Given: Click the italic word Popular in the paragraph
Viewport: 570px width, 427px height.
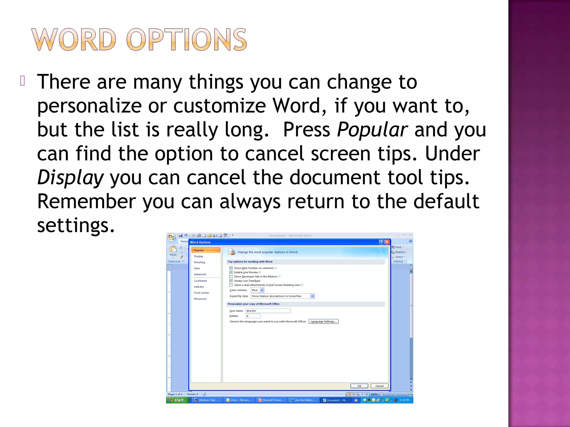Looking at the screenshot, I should tap(372, 130).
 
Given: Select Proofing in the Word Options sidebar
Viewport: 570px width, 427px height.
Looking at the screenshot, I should tap(199, 262).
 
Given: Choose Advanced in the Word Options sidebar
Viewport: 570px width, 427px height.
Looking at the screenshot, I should tap(200, 274).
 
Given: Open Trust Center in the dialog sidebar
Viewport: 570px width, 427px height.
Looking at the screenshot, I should tap(202, 293).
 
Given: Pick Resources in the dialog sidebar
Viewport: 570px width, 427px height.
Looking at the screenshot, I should tap(200, 299).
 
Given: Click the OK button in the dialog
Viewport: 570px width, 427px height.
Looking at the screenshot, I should tap(359, 386).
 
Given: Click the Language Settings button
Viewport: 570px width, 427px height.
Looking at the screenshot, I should tap(323, 322).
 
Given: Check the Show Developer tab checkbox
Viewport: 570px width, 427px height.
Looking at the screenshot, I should tap(231, 277).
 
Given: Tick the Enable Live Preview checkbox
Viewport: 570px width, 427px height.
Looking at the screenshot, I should tap(231, 272).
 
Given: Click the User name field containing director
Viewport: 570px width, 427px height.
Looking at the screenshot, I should tap(268, 311).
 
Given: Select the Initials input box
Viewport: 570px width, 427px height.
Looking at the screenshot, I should tap(253, 316).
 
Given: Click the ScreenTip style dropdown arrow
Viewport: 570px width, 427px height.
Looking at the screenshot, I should tap(312, 296).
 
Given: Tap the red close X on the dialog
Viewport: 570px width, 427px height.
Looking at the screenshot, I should tap(387, 242).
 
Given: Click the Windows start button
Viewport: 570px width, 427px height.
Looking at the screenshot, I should tap(177, 400).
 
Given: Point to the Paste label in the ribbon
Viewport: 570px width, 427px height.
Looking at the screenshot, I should tap(173, 255).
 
